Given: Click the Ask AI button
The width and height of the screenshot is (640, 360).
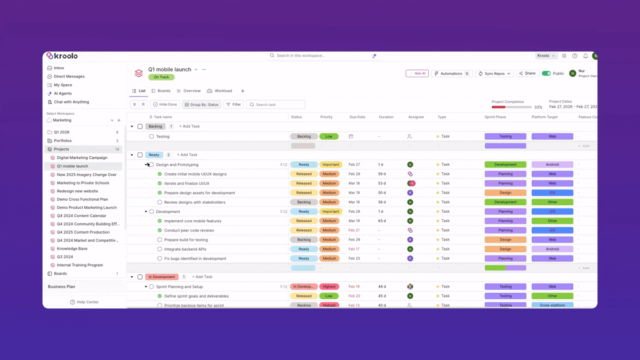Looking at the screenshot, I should point(417,74).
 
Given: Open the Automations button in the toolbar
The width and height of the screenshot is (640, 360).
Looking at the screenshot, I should point(452,74).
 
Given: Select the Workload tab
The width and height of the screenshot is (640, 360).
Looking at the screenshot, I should point(220,91).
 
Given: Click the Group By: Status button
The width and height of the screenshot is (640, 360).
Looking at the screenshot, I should point(202,105).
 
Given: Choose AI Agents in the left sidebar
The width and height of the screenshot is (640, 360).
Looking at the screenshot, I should point(62,93).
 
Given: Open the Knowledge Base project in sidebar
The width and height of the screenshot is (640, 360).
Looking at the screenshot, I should point(72,249).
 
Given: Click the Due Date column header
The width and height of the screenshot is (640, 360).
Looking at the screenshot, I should point(357,117).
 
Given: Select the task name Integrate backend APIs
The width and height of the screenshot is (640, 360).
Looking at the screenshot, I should point(185,249).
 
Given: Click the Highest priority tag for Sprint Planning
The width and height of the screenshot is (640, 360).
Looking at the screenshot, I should point(329,287).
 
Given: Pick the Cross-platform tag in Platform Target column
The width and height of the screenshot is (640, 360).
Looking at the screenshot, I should point(552,305).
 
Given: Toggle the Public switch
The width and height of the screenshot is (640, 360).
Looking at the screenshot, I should point(546,74).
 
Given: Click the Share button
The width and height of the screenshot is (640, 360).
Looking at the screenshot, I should point(527,74).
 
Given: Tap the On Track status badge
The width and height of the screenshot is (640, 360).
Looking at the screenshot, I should point(161,77).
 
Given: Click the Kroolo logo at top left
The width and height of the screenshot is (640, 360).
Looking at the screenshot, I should point(62,56).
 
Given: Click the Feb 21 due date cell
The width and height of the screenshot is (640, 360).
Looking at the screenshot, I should point(354,230).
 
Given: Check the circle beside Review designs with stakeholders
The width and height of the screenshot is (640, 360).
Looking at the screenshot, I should point(159,202).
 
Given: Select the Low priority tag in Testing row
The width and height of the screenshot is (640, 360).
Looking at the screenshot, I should point(329,137).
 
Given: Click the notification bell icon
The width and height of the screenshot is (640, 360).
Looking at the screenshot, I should point(585,56).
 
